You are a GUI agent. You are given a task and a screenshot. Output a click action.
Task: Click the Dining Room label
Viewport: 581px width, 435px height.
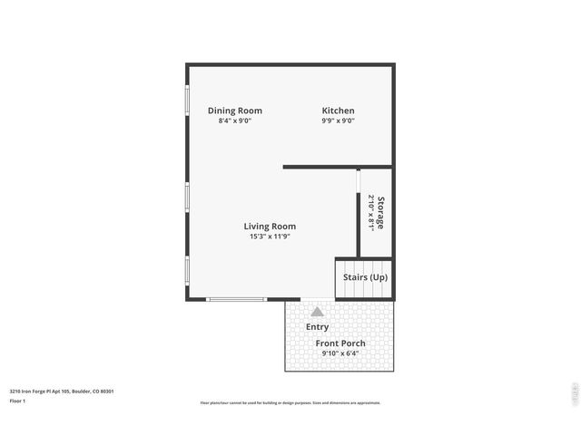[x=235, y=111]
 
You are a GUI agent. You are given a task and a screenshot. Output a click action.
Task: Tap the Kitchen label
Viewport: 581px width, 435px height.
[x=338, y=111]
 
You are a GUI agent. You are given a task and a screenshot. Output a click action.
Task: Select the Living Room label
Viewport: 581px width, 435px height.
[x=270, y=227]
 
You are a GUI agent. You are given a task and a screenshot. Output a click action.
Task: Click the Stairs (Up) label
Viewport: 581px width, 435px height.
[x=365, y=276]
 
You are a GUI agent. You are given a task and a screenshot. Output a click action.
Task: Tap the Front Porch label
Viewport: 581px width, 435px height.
[x=340, y=343]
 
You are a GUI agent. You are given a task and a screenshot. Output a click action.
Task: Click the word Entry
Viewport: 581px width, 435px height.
[x=318, y=327]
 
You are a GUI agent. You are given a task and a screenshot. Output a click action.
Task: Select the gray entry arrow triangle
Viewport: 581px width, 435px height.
[x=317, y=311]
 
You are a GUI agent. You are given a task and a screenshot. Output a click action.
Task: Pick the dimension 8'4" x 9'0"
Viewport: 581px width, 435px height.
[x=235, y=121]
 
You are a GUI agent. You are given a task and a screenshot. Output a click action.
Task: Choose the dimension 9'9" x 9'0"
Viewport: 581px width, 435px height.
[x=338, y=121]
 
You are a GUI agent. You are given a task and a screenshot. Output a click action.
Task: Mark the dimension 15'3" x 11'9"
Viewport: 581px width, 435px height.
[x=270, y=237]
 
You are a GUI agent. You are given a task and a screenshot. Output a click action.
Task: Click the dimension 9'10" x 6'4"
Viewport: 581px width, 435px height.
[x=340, y=353]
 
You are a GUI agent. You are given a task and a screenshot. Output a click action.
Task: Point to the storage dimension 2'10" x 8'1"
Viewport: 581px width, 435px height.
[x=371, y=212]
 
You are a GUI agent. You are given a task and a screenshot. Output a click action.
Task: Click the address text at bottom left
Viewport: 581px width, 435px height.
[x=62, y=391]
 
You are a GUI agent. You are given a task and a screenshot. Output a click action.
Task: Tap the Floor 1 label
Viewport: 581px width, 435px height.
[x=18, y=400]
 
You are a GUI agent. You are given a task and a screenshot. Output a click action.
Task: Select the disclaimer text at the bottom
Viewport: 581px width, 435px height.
[x=290, y=403]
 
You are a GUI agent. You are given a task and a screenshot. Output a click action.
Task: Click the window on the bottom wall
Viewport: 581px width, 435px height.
[x=236, y=299]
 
